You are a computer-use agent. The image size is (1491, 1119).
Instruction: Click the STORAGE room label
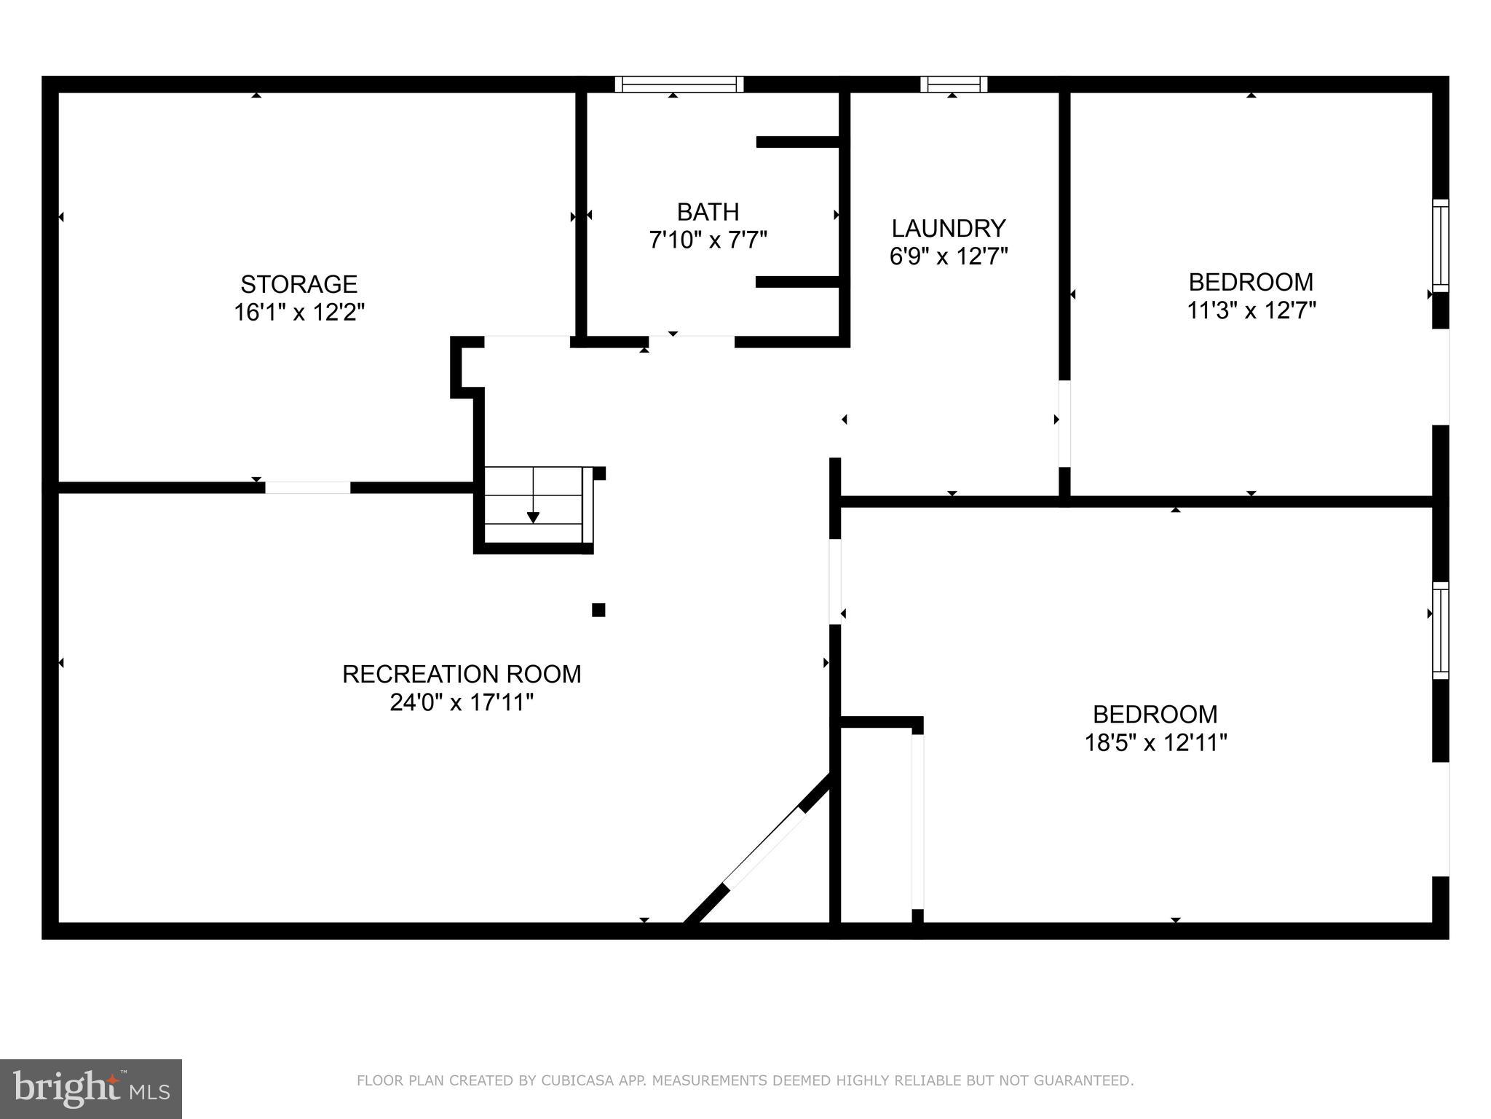click(x=298, y=283)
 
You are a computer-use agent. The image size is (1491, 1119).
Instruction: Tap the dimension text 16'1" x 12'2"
click(x=298, y=313)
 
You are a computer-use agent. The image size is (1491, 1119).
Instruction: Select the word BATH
click(x=708, y=212)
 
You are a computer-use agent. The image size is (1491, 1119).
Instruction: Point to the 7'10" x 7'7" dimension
click(x=708, y=240)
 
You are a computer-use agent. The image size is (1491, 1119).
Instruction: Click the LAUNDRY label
click(x=948, y=229)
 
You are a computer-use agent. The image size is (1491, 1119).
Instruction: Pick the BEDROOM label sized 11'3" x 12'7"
click(x=1251, y=282)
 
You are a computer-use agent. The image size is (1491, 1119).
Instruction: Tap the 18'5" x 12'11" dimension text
click(x=1155, y=743)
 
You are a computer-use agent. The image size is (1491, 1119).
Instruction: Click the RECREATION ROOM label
click(x=462, y=674)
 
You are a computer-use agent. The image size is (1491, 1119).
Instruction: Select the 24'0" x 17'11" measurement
click(x=462, y=703)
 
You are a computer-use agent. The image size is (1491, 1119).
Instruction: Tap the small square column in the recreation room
click(x=598, y=610)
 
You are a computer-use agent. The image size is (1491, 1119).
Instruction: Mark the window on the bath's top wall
click(x=679, y=85)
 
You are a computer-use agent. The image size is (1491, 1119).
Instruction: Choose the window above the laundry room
click(x=954, y=85)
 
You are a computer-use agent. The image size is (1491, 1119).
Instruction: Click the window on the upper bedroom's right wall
click(x=1440, y=246)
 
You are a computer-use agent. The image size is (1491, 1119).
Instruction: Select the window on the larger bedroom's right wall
click(x=1440, y=630)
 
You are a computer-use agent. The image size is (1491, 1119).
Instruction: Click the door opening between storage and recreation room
click(x=307, y=487)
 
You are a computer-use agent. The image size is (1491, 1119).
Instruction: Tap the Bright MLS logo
click(x=90, y=1088)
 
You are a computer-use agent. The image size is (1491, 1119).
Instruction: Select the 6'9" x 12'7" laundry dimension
click(x=948, y=256)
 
